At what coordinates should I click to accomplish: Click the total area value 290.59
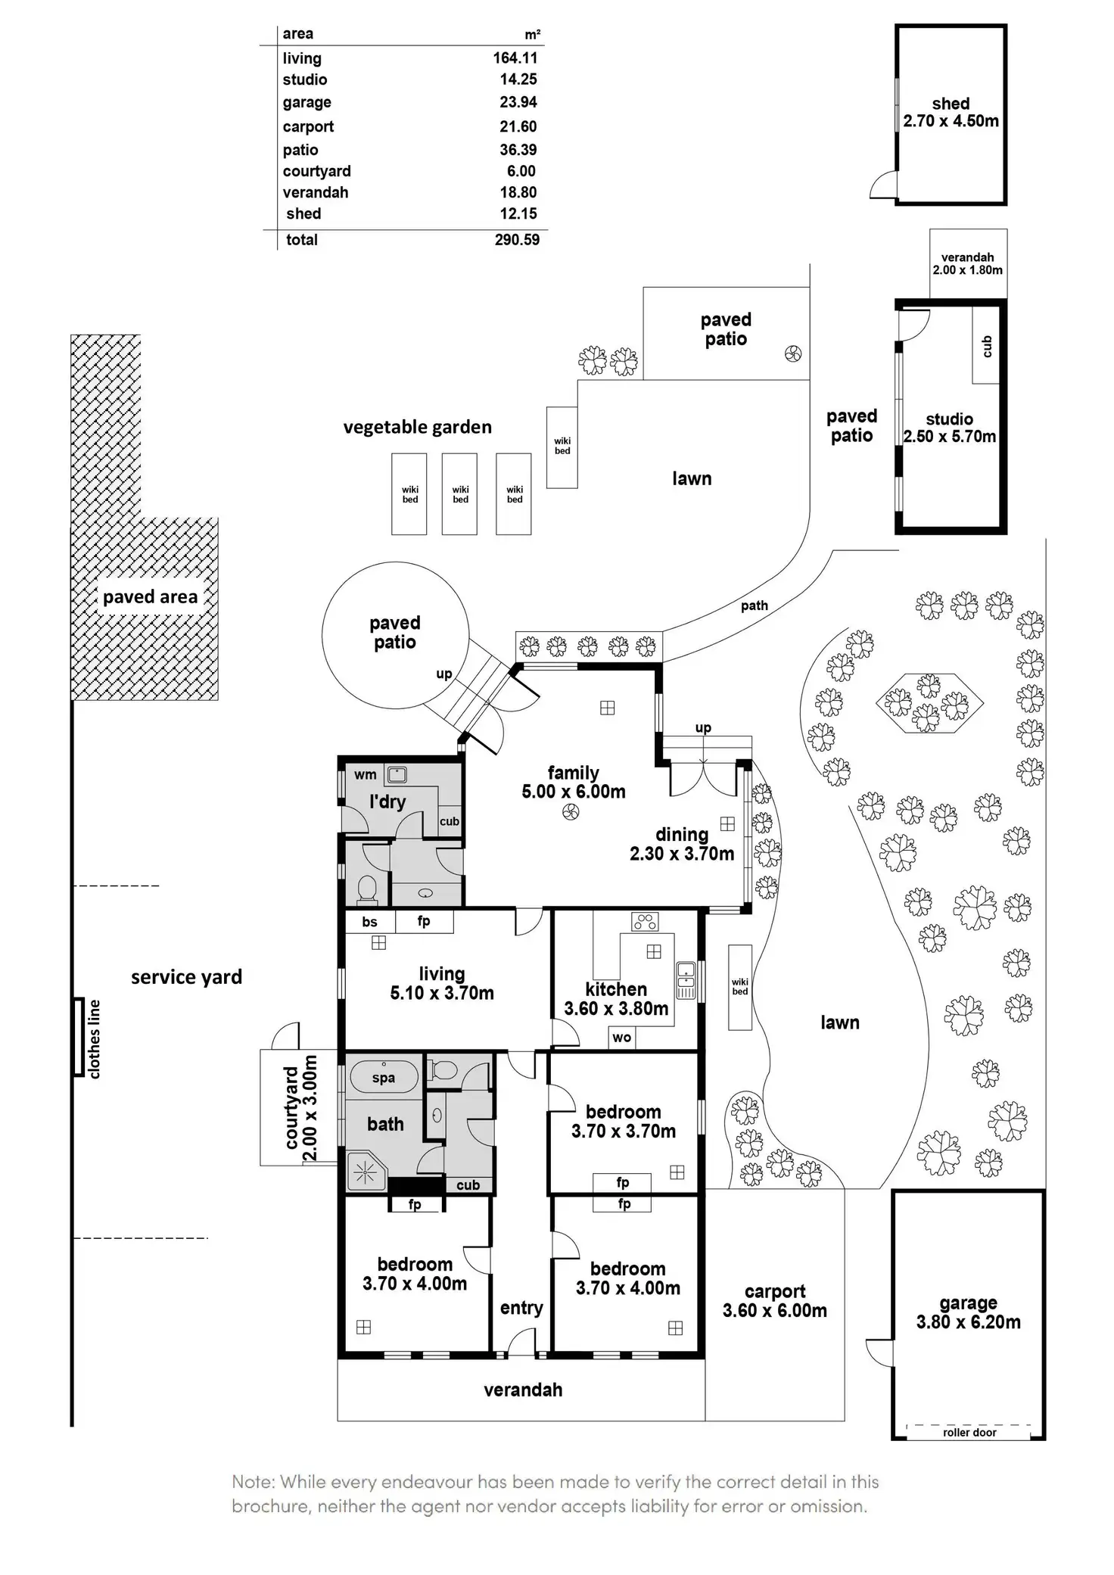517,240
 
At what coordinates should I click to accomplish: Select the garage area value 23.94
518,102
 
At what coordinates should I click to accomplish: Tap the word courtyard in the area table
317,172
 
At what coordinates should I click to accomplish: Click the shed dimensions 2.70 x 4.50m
951,121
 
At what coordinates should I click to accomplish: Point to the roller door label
969,1432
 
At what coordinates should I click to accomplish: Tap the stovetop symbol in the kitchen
645,921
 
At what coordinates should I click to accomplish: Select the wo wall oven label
622,1038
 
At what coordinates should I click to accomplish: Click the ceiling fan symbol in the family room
571,813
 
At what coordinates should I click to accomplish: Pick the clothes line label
94,1038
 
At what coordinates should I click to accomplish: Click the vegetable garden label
417,428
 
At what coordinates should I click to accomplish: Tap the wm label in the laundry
366,775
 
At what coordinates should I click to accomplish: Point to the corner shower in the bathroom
366,1172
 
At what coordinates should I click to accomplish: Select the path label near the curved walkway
755,605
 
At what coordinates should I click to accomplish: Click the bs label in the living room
369,922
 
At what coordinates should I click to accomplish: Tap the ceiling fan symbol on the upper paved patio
793,353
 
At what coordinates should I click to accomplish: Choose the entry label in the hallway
521,1309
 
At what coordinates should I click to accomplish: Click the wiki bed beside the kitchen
740,987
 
